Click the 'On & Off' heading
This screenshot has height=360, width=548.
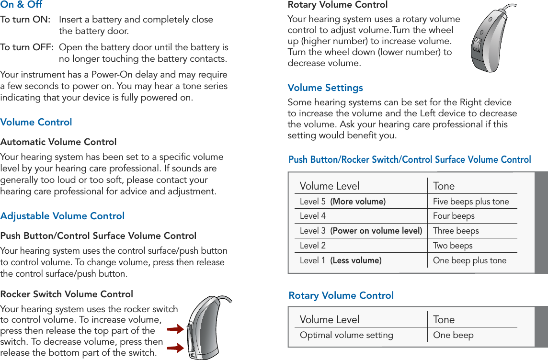pyautogui.click(x=21, y=5)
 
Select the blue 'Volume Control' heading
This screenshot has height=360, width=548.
pyautogui.click(x=36, y=122)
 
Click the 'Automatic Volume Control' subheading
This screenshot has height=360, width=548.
pyautogui.click(x=58, y=142)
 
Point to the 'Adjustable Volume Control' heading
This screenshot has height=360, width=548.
pyautogui.click(x=62, y=216)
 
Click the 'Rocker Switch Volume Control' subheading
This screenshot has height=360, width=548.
pyautogui.click(x=67, y=294)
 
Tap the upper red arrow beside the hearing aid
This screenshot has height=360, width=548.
pyautogui.click(x=176, y=329)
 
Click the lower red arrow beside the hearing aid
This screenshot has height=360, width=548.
pyautogui.click(x=176, y=348)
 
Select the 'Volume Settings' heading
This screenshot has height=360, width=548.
pyautogui.click(x=325, y=88)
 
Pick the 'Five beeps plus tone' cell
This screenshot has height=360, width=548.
pyautogui.click(x=471, y=202)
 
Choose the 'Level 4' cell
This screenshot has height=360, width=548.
pyautogui.click(x=313, y=216)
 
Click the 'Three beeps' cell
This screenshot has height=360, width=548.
pyautogui.click(x=456, y=231)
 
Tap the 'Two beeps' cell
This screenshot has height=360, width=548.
pyautogui.click(x=453, y=246)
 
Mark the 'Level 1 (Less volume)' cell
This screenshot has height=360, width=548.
pyautogui.click(x=341, y=260)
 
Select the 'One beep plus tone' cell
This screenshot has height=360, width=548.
pyautogui.click(x=469, y=260)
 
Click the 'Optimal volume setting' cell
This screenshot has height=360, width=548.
pyautogui.click(x=346, y=335)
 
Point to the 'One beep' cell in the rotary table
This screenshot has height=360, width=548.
pyautogui.click(x=453, y=335)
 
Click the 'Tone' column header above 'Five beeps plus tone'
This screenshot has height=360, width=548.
pyautogui.click(x=444, y=186)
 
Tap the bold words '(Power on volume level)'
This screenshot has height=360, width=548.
pyautogui.click(x=376, y=231)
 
